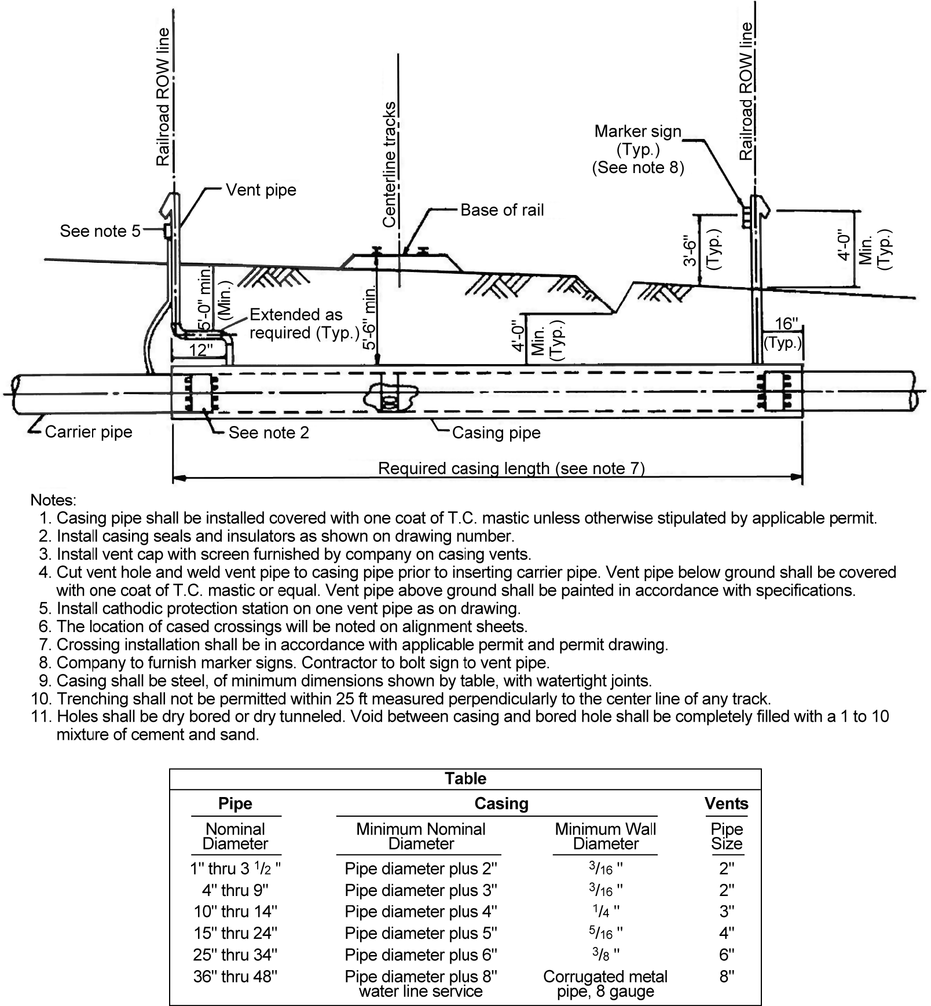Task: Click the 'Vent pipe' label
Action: click(x=261, y=190)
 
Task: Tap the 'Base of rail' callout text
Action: click(x=501, y=210)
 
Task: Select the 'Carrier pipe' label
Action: click(x=88, y=432)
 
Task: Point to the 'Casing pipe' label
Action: click(x=496, y=433)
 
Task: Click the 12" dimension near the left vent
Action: click(x=201, y=350)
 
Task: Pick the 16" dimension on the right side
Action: click(x=786, y=324)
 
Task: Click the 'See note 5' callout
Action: click(x=100, y=231)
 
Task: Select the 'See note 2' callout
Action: click(x=268, y=433)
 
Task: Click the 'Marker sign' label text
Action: click(x=637, y=132)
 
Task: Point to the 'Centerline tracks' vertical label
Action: click(x=390, y=165)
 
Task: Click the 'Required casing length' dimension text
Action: click(x=511, y=468)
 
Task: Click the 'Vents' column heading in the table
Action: click(x=726, y=803)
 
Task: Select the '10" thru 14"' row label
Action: click(x=235, y=911)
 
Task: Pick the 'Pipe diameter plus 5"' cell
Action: click(x=420, y=933)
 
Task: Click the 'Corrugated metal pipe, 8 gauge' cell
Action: click(x=605, y=983)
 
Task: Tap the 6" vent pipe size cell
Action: click(x=726, y=954)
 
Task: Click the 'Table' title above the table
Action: click(x=465, y=779)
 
